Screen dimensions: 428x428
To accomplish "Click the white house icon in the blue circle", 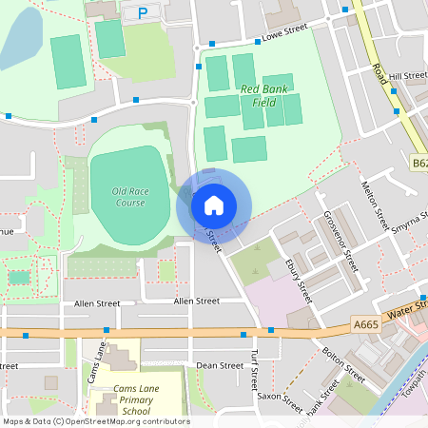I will pyautogui.click(x=214, y=205).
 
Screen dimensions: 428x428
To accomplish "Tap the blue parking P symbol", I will pyautogui.click(x=143, y=13).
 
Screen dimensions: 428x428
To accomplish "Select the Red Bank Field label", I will pyautogui.click(x=265, y=95).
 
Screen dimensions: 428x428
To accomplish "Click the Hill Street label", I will pyautogui.click(x=408, y=75).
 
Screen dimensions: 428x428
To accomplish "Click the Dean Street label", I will pyautogui.click(x=220, y=365).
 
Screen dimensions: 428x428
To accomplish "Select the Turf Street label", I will pyautogui.click(x=254, y=370).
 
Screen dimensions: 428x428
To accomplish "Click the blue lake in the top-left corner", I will pyautogui.click(x=21, y=38).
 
